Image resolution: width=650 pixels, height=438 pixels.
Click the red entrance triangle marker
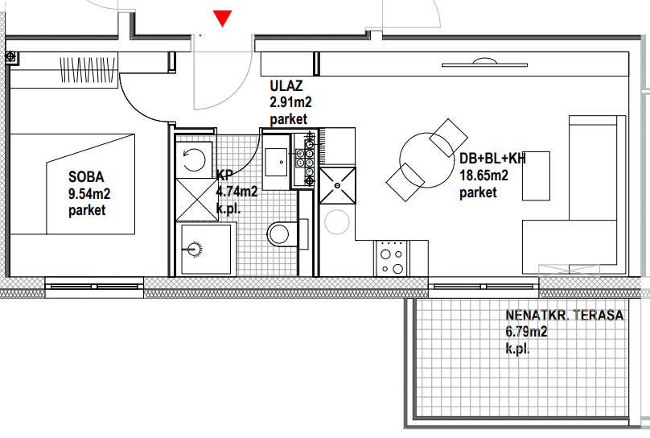point(222,19)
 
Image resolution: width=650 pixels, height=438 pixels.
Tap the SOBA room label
point(86,177)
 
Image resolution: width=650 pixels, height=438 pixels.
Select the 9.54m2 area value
point(89,194)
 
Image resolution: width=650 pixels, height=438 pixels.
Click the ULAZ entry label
point(286,86)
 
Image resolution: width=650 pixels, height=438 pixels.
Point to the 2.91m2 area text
point(290,102)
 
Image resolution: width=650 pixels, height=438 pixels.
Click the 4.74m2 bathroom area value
point(237,191)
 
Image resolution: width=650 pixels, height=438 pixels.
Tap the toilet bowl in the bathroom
point(282,234)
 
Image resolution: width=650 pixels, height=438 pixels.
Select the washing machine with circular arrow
point(194,160)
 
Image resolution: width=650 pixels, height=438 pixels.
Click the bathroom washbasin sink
point(276,162)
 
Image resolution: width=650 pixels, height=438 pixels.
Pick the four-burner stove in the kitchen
point(392,258)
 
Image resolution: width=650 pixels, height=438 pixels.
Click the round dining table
point(426,160)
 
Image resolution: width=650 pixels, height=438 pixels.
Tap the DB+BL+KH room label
point(492,159)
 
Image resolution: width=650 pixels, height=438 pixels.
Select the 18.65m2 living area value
point(483,176)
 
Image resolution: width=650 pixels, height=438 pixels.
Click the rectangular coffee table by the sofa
point(536,176)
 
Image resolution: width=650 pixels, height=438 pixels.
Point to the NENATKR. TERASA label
point(565,316)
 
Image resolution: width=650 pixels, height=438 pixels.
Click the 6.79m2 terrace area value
point(526,332)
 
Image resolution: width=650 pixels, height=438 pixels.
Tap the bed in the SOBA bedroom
point(72,184)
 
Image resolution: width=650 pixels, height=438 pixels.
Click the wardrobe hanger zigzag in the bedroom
point(87,70)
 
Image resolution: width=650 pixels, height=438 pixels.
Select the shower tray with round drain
point(206,250)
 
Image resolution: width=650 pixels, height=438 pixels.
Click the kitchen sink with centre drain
point(338,185)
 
